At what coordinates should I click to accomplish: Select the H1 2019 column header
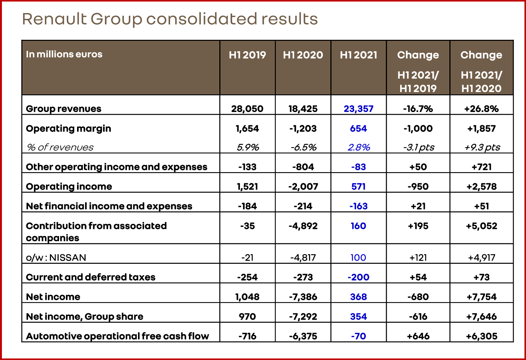click(247, 55)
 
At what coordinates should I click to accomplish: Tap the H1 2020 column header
click(303, 55)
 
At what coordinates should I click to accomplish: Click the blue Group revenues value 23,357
click(358, 109)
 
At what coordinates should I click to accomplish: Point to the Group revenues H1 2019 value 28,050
click(247, 109)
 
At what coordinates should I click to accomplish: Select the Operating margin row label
click(68, 128)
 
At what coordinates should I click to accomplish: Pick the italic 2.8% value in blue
click(359, 147)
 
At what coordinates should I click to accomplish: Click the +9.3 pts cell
click(482, 147)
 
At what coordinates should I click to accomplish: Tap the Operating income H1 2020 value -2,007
click(303, 187)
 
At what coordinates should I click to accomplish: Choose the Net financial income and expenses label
click(109, 206)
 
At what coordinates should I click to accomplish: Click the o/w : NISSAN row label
click(56, 258)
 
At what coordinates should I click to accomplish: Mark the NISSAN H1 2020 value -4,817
click(303, 258)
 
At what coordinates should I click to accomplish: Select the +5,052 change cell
click(482, 226)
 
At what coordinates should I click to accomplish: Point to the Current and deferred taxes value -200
click(358, 277)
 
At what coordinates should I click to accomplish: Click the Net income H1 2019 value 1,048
click(247, 297)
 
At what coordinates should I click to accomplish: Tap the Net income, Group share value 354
click(358, 317)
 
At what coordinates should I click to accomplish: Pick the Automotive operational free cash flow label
click(117, 336)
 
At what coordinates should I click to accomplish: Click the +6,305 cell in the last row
click(482, 336)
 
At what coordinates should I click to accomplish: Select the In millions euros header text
click(64, 54)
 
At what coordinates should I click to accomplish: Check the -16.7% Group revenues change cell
click(418, 109)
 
